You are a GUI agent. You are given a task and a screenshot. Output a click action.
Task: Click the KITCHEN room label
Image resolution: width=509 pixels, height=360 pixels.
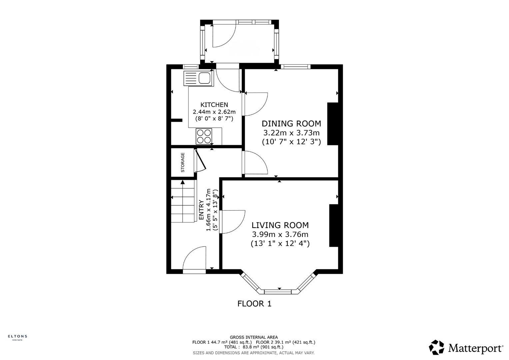click(x=214, y=105)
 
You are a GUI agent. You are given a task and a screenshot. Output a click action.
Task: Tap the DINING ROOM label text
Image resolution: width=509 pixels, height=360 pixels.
click(x=291, y=124)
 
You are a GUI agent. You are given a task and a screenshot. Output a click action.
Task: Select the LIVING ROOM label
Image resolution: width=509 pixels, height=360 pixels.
click(x=280, y=225)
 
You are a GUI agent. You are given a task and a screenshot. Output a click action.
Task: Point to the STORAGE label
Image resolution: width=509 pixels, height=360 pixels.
click(x=183, y=162)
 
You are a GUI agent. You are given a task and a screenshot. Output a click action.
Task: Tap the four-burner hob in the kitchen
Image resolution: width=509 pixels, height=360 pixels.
click(x=204, y=136)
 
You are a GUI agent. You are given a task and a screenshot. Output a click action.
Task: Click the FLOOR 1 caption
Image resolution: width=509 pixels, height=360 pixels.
click(x=254, y=304)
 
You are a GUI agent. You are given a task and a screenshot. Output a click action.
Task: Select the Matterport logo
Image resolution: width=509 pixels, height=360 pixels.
click(x=466, y=348)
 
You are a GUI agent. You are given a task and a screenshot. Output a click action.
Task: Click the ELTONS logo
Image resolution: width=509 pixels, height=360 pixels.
click(x=17, y=337)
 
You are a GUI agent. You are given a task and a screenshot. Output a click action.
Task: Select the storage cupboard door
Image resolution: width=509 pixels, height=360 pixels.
click(x=201, y=161)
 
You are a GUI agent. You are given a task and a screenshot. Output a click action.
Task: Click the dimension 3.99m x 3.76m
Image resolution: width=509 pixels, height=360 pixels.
click(x=280, y=234)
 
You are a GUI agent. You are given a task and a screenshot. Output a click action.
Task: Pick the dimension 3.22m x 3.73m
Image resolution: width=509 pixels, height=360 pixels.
click(x=291, y=133)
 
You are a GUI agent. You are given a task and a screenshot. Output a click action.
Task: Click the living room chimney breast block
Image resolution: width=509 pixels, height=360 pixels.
click(x=334, y=226)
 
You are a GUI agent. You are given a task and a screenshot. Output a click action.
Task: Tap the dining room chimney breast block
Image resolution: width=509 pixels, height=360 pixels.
click(x=332, y=124)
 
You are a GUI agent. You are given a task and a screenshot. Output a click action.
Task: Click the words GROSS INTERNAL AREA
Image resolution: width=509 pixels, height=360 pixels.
click(x=254, y=337)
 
